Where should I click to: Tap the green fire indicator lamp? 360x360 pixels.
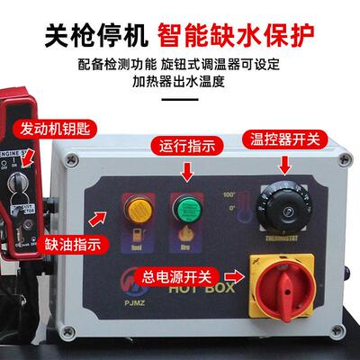[x=186, y=210]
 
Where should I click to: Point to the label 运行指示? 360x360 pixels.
[x=190, y=145]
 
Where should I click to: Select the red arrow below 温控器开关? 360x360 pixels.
[x=286, y=163]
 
